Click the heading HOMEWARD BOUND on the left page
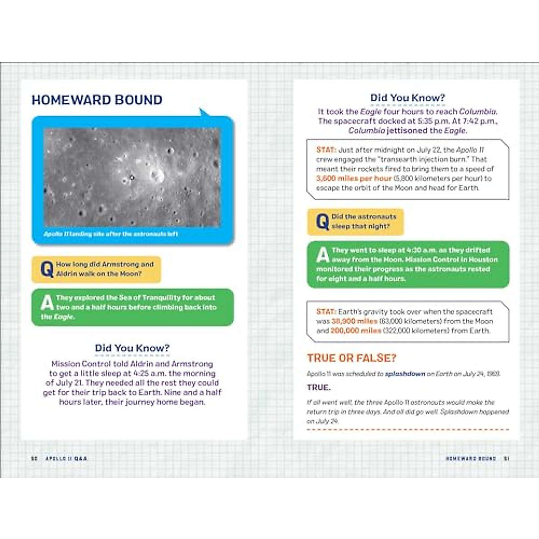(x=97, y=100)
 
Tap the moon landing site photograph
(x=132, y=177)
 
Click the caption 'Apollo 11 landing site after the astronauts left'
(x=111, y=234)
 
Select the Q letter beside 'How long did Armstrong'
(x=47, y=269)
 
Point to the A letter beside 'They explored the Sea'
(x=47, y=303)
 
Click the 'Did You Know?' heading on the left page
(x=132, y=348)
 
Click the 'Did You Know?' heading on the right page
(x=407, y=98)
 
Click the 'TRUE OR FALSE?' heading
(x=352, y=358)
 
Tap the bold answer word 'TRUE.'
(x=319, y=387)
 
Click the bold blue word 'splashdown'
(x=405, y=374)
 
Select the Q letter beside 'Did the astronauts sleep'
(x=323, y=222)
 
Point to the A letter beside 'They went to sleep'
(x=323, y=255)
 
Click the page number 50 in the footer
(x=34, y=459)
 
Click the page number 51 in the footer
(x=506, y=459)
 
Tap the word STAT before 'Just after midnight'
(x=326, y=150)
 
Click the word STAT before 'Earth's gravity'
(x=326, y=312)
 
